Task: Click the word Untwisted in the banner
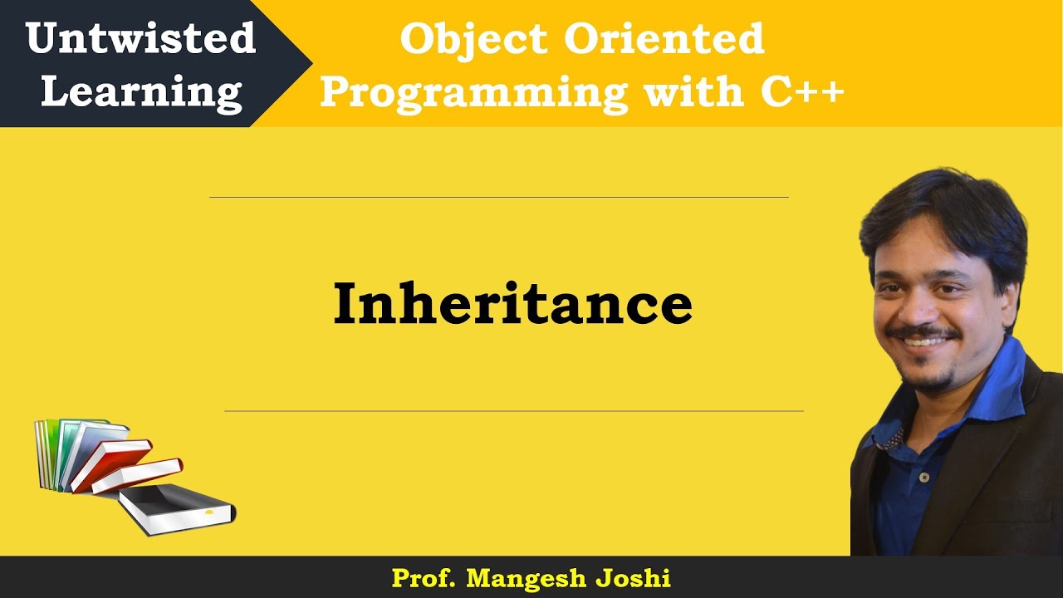pos(140,39)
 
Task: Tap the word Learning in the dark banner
pos(141,91)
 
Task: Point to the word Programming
pos(473,91)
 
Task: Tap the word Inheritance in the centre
pos(512,304)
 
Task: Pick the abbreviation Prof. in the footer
pos(424,578)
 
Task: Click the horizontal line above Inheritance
pos(498,198)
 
